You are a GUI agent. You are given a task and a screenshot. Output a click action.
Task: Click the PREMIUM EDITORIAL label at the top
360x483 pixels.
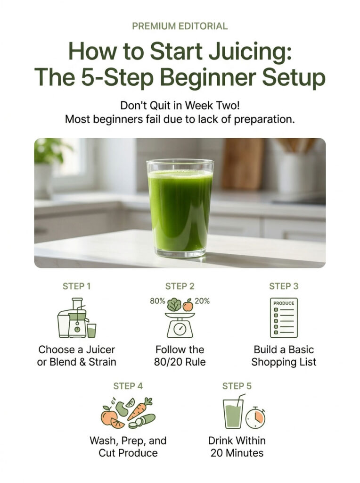point(180,26)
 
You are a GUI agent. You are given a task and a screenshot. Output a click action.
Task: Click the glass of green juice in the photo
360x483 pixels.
point(180,208)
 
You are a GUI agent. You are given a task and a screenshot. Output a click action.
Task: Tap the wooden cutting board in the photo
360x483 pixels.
point(243,163)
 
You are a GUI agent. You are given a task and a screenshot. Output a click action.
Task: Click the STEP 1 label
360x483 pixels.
point(76,286)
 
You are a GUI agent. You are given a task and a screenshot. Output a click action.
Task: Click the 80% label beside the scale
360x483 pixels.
point(157,301)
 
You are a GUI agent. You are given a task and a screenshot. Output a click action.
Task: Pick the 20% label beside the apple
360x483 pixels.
point(202,301)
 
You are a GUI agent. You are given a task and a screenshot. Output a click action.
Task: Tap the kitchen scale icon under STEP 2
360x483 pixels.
point(180,325)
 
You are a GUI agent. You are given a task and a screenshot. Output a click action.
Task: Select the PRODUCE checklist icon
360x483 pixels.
point(284,317)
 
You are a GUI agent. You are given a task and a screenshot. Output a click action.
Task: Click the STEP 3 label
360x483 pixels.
point(284,286)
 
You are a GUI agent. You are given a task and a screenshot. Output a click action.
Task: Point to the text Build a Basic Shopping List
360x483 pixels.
point(284,356)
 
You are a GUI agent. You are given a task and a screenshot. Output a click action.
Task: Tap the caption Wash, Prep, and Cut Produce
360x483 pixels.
point(128,447)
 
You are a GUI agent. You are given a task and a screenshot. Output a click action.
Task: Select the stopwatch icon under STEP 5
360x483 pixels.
point(255,418)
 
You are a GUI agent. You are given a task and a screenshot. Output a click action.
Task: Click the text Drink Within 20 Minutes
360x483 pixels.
point(237,447)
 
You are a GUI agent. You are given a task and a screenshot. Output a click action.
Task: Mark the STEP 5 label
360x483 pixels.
point(237,386)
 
